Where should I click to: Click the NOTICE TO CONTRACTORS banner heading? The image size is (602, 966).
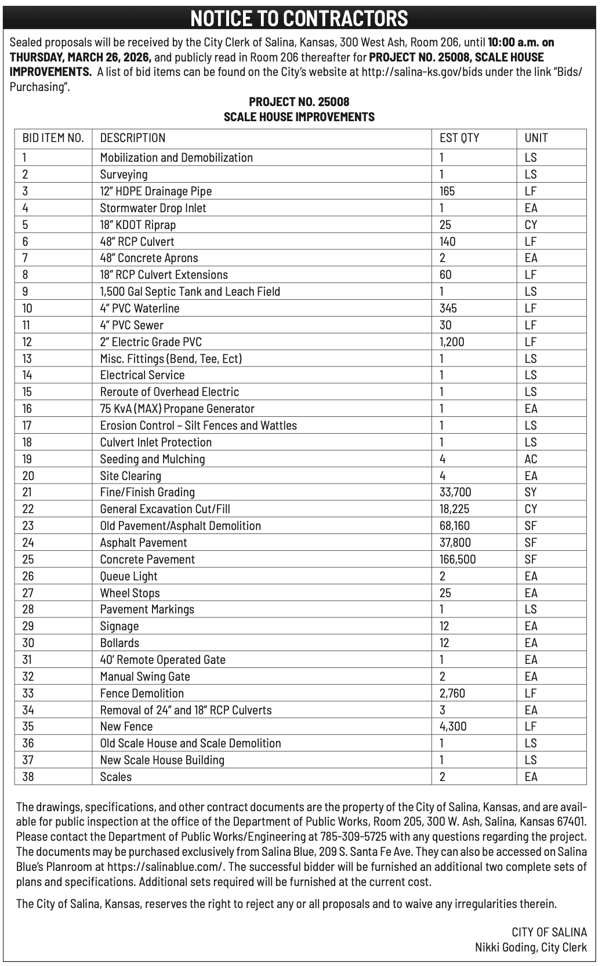tap(299, 19)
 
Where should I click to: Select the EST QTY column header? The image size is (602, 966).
tap(459, 138)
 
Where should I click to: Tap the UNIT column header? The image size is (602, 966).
tap(536, 138)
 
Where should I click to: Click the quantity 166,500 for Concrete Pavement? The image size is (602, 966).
tap(458, 560)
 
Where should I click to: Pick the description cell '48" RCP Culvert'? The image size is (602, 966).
tap(137, 242)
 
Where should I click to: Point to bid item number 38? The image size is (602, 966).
tap(28, 777)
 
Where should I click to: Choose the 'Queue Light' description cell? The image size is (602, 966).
tap(129, 576)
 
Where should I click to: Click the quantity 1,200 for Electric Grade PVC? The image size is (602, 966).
tap(452, 342)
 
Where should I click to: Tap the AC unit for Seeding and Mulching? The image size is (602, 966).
tap(531, 459)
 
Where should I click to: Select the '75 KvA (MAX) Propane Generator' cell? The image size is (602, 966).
tap(177, 409)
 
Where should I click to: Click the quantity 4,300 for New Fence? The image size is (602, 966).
tap(453, 727)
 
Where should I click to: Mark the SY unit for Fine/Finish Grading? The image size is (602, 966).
tap(531, 492)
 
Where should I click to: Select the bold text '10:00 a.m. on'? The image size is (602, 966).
tap(521, 42)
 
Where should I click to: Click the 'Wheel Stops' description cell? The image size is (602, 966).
tap(130, 593)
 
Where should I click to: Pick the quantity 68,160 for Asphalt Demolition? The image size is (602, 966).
tap(455, 526)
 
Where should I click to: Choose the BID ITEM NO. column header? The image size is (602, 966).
tap(53, 138)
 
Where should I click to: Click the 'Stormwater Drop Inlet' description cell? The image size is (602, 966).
tap(153, 208)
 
